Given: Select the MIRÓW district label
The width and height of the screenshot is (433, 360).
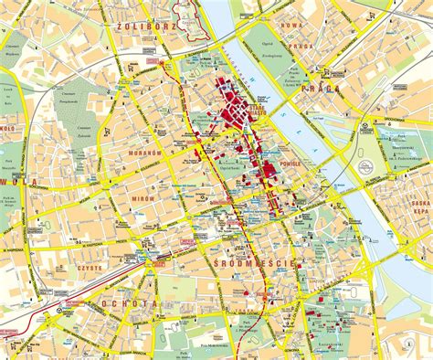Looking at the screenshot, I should tap(143, 196).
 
